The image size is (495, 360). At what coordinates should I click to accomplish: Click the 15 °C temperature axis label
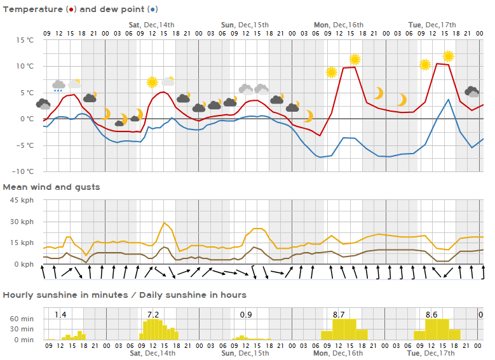[x=25, y=39]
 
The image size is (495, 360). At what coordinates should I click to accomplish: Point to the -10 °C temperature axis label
[x=24, y=171]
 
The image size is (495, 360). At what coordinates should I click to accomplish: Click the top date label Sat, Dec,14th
[x=152, y=25]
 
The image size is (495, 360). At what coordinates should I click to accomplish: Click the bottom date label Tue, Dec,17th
[x=431, y=352]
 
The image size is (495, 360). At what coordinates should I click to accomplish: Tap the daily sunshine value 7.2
[x=153, y=314]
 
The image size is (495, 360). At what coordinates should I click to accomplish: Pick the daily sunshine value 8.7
[x=339, y=314]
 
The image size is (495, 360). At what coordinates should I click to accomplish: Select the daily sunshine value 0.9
[x=246, y=314]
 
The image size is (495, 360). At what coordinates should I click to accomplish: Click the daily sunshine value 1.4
[x=60, y=314]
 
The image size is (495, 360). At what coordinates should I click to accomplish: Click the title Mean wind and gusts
[x=51, y=187]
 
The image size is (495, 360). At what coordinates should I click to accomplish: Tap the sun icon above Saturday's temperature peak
[x=152, y=82]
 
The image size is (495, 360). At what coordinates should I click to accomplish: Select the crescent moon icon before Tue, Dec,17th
[x=402, y=100]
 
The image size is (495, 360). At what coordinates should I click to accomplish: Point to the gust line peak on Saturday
[x=165, y=223]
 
